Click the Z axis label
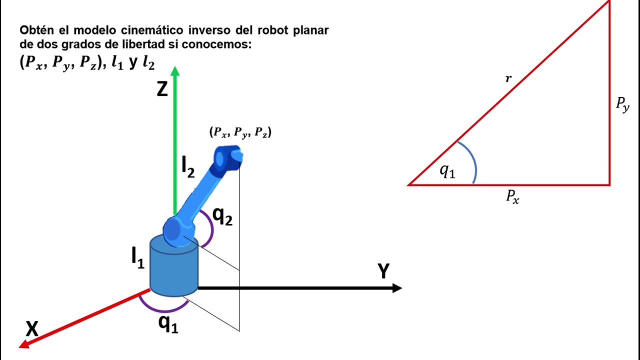click(x=162, y=89)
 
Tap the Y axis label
click(x=383, y=270)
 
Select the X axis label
click(x=31, y=329)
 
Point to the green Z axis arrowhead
click(x=175, y=71)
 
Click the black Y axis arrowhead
click(x=397, y=288)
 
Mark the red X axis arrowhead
click(x=24, y=344)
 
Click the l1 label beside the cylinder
click(x=137, y=258)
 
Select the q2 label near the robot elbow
click(x=222, y=217)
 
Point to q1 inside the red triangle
click(x=447, y=171)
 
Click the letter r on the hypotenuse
click(x=508, y=78)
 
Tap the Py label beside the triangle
click(x=622, y=105)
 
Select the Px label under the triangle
click(x=512, y=197)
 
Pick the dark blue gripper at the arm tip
click(x=228, y=157)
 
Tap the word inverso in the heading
click(x=209, y=30)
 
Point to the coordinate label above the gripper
click(x=240, y=132)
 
